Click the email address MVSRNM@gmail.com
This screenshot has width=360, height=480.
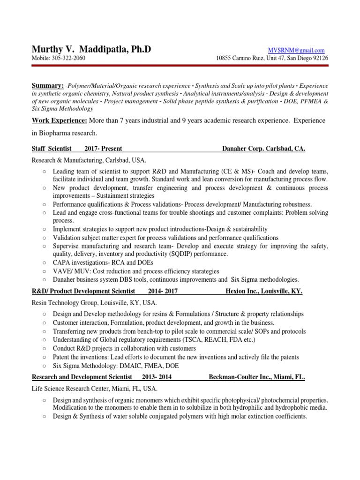click(296, 50)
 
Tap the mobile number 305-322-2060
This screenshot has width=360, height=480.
click(69, 58)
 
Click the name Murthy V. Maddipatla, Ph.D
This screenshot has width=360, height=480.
click(91, 49)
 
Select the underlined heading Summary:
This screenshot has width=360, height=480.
click(47, 86)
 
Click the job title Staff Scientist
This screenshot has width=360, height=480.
click(52, 149)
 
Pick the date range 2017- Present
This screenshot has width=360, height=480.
click(103, 149)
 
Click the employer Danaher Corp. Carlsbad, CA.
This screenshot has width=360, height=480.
click(263, 149)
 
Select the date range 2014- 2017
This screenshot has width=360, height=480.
click(163, 291)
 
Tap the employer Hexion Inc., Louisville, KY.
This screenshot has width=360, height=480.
click(264, 291)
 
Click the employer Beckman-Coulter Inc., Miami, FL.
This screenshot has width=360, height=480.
click(257, 376)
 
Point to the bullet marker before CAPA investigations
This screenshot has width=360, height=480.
click(44, 262)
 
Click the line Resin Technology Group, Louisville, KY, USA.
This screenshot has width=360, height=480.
click(94, 303)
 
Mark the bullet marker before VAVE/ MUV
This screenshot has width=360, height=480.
click(44, 271)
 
